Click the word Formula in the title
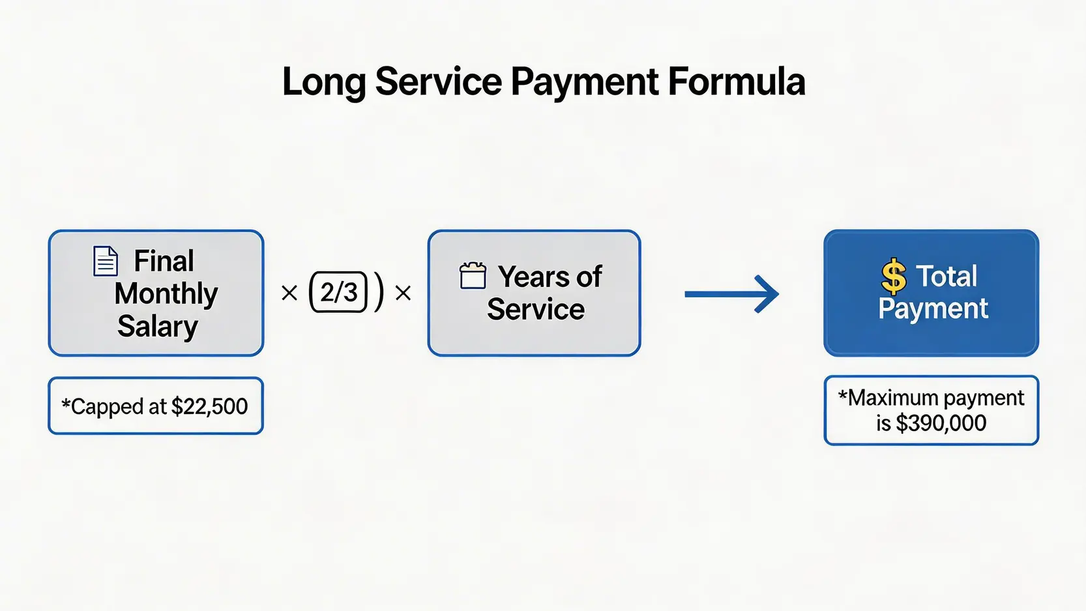tap(737, 82)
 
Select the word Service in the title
tap(438, 82)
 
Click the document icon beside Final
tap(105, 261)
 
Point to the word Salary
tap(158, 326)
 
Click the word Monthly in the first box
tap(166, 294)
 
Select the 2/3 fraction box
tap(338, 292)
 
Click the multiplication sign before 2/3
tap(289, 293)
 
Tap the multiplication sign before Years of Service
tap(403, 293)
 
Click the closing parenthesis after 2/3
tap(378, 292)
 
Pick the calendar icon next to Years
tap(473, 275)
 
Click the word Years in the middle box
tap(531, 276)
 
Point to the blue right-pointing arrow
tap(731, 294)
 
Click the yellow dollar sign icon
tap(894, 276)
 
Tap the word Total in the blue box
tap(946, 276)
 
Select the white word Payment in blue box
tap(933, 309)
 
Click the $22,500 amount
tap(209, 406)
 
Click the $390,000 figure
tap(941, 423)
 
